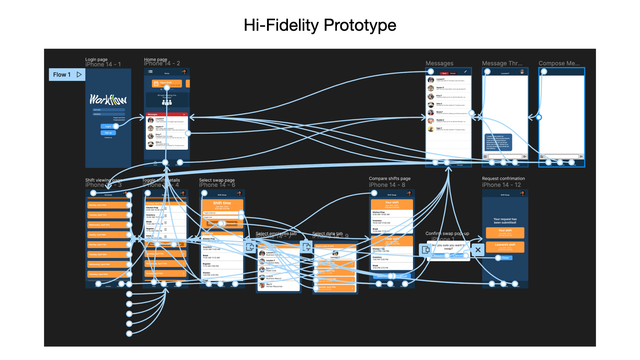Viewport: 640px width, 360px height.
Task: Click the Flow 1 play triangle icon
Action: click(79, 75)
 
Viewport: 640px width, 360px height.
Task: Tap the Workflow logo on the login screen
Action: click(108, 99)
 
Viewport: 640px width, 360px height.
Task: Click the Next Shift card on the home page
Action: click(167, 83)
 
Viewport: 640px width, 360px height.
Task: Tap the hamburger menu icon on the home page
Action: click(150, 72)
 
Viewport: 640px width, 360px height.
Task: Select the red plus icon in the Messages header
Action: click(184, 114)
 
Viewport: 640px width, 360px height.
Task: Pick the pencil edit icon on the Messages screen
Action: click(465, 72)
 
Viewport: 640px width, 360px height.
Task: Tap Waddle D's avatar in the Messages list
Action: click(431, 120)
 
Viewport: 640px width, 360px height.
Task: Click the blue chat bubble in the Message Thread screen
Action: click(498, 142)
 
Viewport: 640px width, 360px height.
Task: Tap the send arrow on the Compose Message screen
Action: click(581, 156)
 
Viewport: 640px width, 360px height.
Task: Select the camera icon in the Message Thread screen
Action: click(485, 156)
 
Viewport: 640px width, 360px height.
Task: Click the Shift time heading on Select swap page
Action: click(222, 203)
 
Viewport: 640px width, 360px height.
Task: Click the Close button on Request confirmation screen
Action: click(505, 258)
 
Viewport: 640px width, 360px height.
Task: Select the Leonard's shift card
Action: click(505, 247)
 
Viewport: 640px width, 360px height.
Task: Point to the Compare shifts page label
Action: click(389, 179)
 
